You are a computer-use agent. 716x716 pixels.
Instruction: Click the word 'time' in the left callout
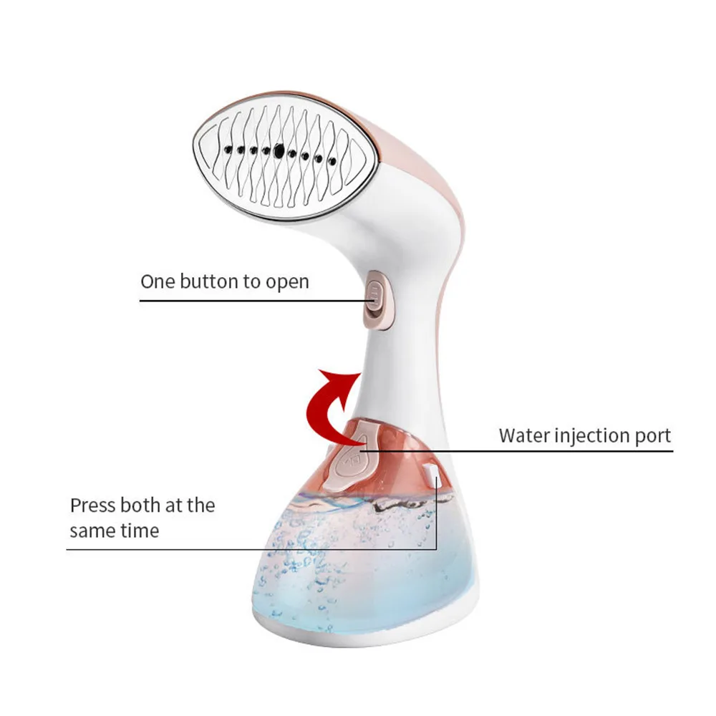[x=140, y=531]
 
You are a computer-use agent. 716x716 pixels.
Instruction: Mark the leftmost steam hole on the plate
[x=226, y=150]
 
